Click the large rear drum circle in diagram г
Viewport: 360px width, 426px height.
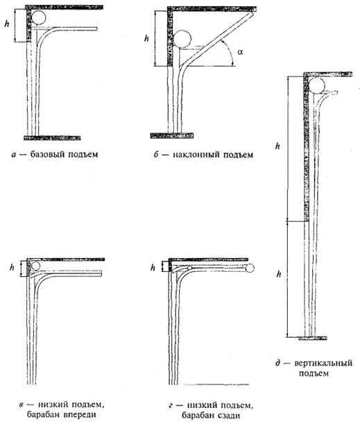click(250, 268)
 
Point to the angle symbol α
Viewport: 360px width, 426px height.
click(240, 51)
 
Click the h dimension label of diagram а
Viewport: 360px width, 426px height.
click(7, 24)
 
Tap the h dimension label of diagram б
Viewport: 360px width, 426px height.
click(147, 39)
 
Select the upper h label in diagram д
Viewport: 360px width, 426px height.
click(277, 146)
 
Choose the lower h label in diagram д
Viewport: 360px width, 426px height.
click(279, 274)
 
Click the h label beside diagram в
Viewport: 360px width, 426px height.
click(12, 268)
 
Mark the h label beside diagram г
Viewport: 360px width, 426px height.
click(153, 268)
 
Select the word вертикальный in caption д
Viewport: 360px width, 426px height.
click(323, 363)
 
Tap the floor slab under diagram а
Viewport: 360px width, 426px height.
click(52, 138)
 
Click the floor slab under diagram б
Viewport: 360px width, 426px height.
click(172, 135)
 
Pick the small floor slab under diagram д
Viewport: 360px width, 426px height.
click(312, 339)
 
